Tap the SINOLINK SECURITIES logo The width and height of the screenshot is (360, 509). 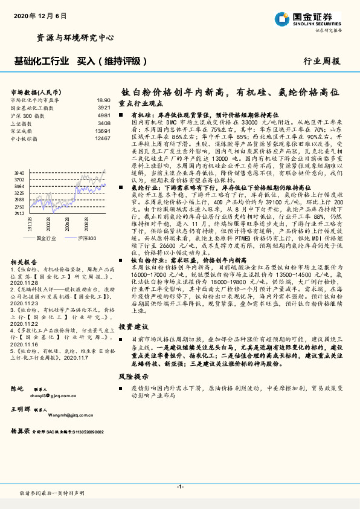point(315,19)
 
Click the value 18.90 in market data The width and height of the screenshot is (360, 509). point(103,100)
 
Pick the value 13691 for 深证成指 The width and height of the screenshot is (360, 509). point(102,131)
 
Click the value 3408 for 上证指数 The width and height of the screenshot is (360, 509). point(103,123)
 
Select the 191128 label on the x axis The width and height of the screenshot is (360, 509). point(29,225)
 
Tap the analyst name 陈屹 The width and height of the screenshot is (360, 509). point(17,387)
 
